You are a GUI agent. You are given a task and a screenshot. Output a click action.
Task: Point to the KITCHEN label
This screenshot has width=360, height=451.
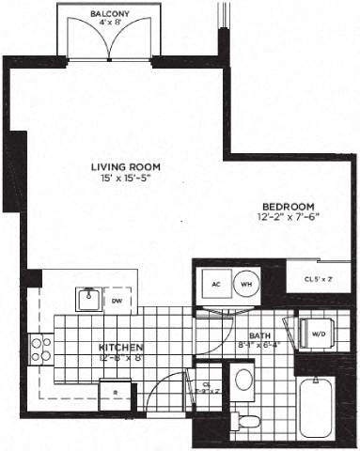click(118, 346)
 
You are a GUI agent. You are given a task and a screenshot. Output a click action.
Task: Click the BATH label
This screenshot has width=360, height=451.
click(259, 334)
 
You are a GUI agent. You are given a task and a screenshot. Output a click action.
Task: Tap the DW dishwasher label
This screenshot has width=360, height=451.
click(117, 301)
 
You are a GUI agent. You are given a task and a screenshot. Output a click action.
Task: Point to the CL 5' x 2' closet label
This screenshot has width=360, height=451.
click(318, 278)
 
